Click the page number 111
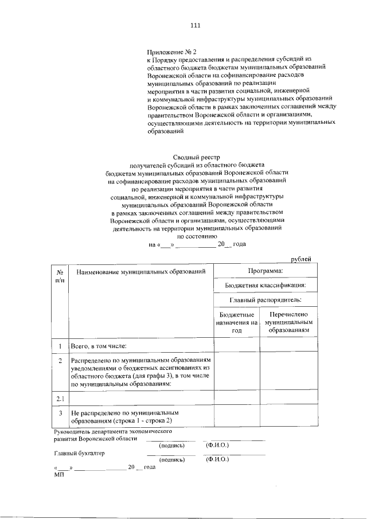[x=195, y=25]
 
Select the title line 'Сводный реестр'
[x=197, y=157]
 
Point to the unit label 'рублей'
[x=301, y=259]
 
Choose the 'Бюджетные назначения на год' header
[x=237, y=323]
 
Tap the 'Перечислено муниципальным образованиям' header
[x=288, y=323]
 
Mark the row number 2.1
[x=60, y=397]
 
